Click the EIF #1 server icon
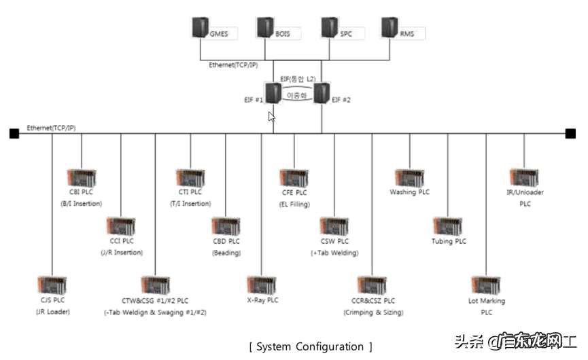point(273,93)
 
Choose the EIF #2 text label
point(342,99)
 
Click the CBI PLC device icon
point(81,179)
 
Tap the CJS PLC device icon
point(53,286)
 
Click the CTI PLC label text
point(190,192)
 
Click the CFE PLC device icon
point(295,179)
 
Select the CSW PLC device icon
point(334,227)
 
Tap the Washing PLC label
point(409,192)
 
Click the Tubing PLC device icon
point(449,227)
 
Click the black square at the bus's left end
point(14,134)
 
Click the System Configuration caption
point(311,346)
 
